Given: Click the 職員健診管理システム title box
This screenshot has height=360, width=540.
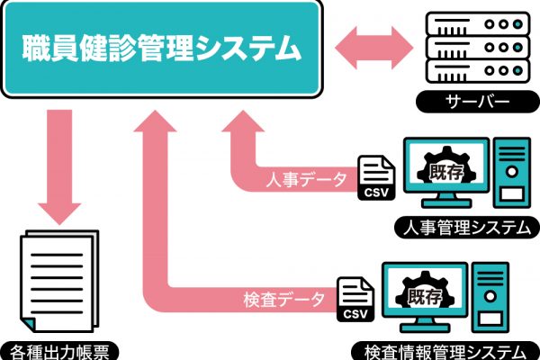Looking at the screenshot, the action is tap(162, 49).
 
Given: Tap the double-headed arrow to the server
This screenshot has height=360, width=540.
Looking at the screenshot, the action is tap(374, 48).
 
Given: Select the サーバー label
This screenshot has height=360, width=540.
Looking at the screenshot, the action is tap(477, 102).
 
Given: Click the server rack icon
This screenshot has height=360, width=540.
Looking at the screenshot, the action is tap(478, 48).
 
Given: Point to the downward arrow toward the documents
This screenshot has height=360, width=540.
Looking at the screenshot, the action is tap(59, 167).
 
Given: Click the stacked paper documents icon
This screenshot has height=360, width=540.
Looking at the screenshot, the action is tap(59, 281).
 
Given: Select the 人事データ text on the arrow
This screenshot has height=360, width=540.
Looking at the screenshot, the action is tap(306, 179).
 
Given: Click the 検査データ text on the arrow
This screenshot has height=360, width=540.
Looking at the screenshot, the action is tap(283, 300).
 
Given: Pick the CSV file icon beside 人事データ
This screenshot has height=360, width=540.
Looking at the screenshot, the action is tap(376, 178).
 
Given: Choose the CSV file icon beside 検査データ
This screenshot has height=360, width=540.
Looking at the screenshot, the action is tap(355, 299).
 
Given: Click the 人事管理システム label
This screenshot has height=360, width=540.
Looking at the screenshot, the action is tap(466, 228).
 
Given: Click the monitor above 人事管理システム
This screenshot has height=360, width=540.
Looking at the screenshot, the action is tap(446, 172).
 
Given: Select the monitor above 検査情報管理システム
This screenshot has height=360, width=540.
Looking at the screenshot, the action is tap(425, 297).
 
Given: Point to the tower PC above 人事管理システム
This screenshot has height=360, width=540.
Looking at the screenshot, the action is tap(512, 173).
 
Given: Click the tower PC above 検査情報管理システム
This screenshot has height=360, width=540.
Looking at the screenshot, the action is tap(490, 297).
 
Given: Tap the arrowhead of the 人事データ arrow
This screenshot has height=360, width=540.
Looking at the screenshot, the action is tap(243, 121).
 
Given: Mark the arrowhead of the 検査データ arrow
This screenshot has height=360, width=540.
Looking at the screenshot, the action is tap(155, 121).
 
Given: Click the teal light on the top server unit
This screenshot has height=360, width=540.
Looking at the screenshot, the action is tap(517, 24).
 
